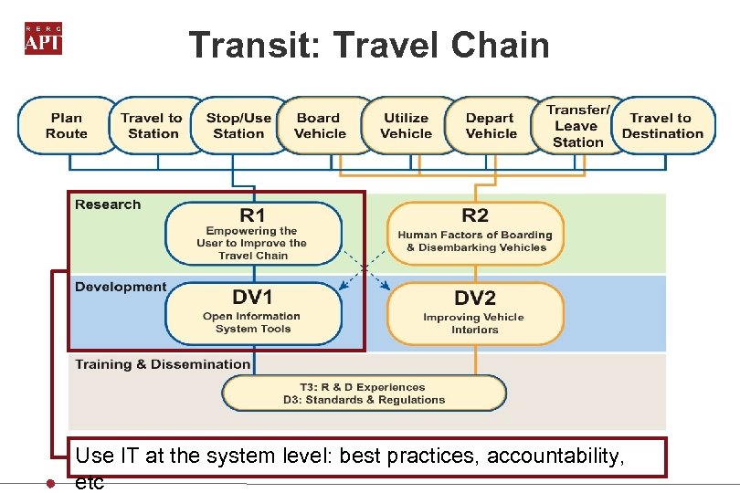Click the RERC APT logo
tap(43, 37)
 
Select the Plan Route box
tap(67, 125)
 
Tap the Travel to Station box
tap(152, 125)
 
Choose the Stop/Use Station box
tap(238, 125)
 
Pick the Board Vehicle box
tap(320, 125)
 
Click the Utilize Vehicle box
tap(406, 125)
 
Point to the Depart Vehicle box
tap(491, 125)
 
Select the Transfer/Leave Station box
tap(577, 125)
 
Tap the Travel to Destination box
tap(661, 125)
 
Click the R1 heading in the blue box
tap(253, 215)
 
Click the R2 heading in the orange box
tap(474, 215)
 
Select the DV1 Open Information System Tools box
tap(253, 313)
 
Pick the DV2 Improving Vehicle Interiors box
tap(474, 313)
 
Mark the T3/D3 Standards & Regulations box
tap(364, 393)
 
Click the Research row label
tap(108, 205)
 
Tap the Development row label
tap(121, 287)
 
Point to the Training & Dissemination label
tap(163, 364)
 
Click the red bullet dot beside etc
tap(52, 484)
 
